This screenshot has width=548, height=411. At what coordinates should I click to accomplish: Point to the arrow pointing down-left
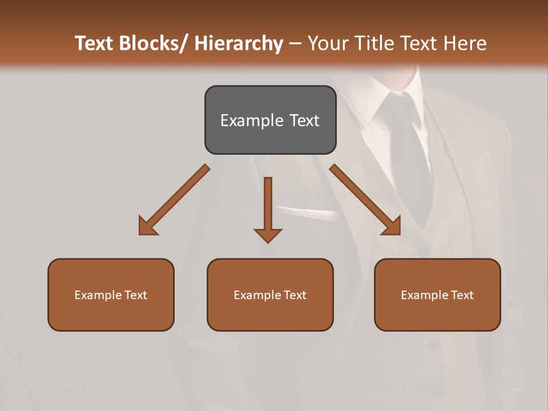coord(174,200)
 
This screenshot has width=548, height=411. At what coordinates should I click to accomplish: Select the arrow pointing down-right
coord(365,200)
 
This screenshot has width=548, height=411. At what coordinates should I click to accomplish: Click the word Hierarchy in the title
coord(239,43)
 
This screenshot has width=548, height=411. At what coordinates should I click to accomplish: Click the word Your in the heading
coord(327,43)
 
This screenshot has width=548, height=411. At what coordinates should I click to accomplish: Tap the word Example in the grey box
coord(252,120)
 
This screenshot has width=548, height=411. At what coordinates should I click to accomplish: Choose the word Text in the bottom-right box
coord(462,295)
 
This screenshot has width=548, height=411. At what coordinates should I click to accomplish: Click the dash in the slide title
coord(295,44)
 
